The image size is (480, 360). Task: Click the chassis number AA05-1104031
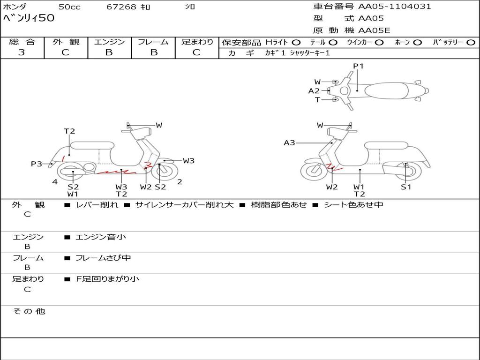coord(395,7)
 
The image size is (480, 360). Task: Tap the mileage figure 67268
coord(121,7)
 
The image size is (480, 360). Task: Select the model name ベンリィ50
coord(29,18)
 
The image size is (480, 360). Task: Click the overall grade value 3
coord(22,52)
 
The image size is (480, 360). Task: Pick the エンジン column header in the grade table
coord(109,42)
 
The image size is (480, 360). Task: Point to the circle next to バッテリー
coord(471,43)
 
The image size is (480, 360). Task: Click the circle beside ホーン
coord(417,43)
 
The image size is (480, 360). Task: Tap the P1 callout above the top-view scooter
coord(358,66)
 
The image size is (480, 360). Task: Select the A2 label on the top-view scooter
coord(314,91)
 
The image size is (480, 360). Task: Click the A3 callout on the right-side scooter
coord(289,142)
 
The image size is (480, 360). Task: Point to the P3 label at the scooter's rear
coord(37,164)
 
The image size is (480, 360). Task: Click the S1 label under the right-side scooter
coord(406,187)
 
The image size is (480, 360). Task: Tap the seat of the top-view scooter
coord(386,91)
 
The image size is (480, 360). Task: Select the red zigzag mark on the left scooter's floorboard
coord(116,172)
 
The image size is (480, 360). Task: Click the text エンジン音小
coord(101,237)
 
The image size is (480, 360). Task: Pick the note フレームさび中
coord(103,258)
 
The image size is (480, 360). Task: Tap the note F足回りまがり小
coord(107,279)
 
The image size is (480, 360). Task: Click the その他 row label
coord(29,311)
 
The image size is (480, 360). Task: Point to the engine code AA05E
coord(374,30)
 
